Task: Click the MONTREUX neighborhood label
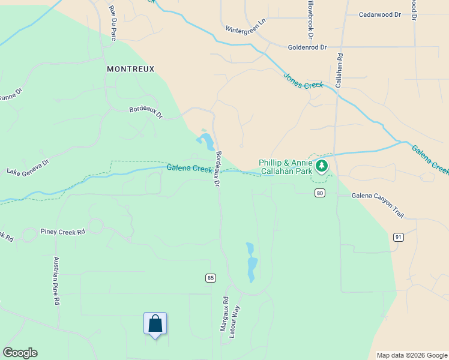[130, 69]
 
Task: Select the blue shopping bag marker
[155, 324]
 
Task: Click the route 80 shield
[319, 193]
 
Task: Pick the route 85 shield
[210, 278]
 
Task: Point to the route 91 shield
[398, 237]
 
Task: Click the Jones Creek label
[303, 81]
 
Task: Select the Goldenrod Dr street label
[307, 47]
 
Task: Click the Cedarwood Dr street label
[379, 14]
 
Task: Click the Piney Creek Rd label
[62, 231]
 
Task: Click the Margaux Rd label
[224, 314]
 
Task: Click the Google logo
[20, 353]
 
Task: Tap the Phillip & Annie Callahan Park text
[285, 167]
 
